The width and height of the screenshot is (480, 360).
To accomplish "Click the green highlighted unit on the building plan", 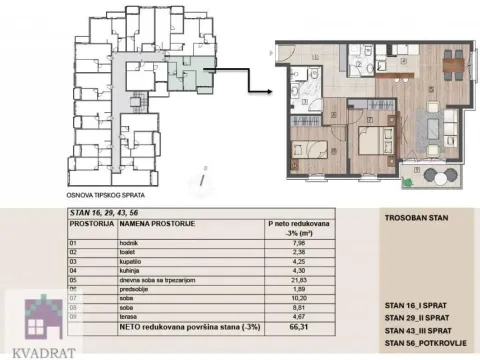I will (188, 75).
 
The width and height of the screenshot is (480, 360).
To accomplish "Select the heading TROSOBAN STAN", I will (412, 217).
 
